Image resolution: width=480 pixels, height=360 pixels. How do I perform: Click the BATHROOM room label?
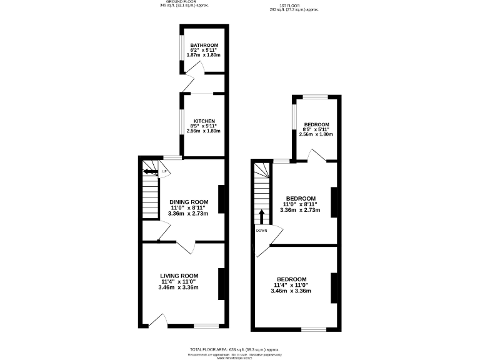tap(204, 46)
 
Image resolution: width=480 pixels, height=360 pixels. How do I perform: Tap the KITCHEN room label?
tap(204, 121)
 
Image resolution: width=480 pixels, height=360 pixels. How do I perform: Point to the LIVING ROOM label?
tap(179, 276)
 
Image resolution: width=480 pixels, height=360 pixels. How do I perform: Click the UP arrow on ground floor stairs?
tap(151, 171)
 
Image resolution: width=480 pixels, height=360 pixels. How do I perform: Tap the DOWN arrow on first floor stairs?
tap(261, 217)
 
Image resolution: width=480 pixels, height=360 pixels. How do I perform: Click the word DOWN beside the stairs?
tap(261, 230)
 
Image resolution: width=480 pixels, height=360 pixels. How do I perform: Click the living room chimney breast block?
tap(220, 282)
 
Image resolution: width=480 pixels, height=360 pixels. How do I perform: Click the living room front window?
tap(206, 326)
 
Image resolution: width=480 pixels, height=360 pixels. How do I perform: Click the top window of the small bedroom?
tap(316, 97)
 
